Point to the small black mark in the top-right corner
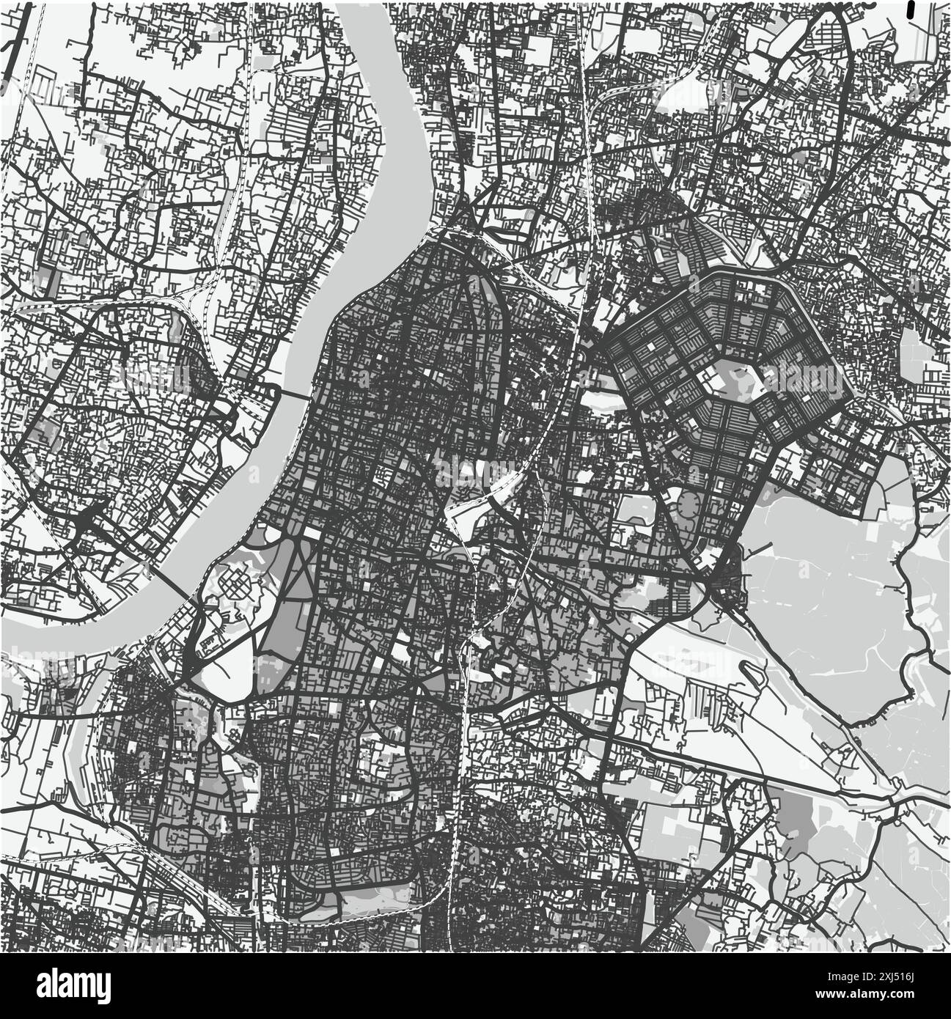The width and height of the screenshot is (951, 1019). pos(911,8)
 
